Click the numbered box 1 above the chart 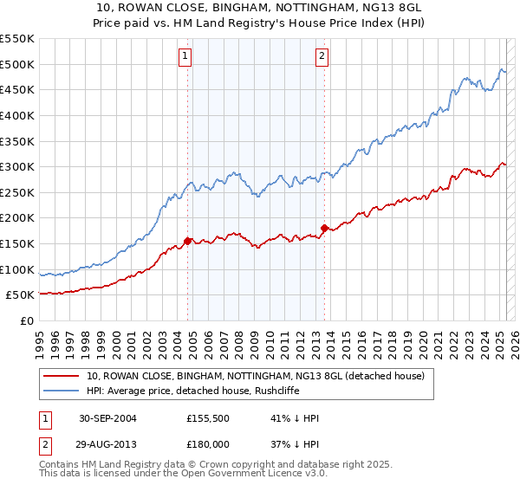(x=185, y=57)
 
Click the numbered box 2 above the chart (x=322, y=57)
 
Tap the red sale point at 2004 (x=187, y=241)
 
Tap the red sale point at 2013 (x=324, y=229)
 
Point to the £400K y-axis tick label (x=17, y=115)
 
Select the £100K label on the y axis (x=17, y=269)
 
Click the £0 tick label (x=28, y=320)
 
